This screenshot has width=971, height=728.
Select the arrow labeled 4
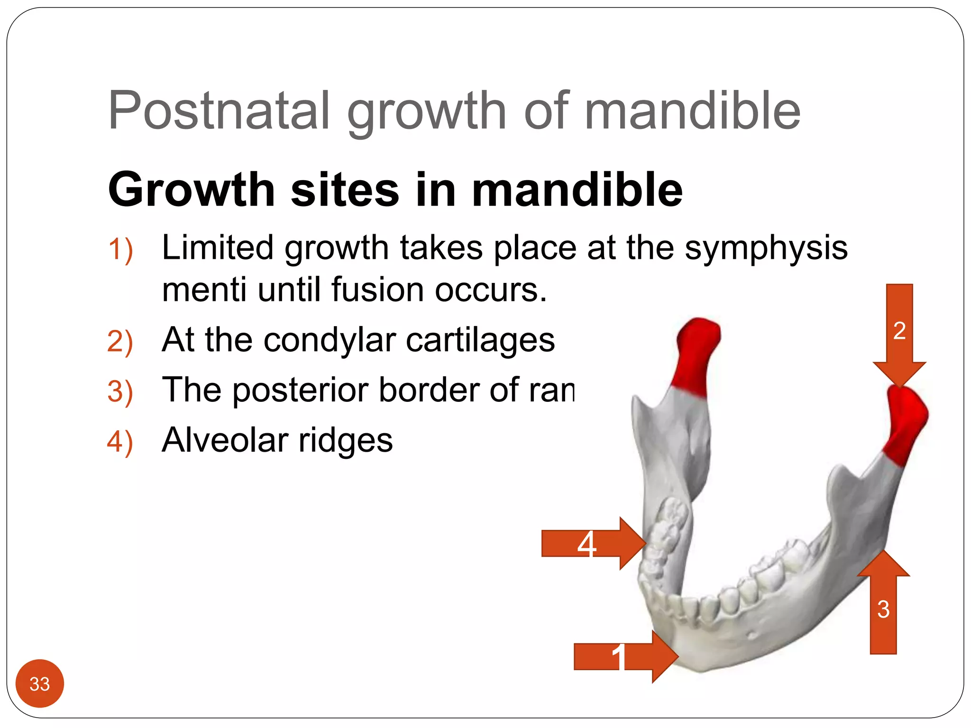pyautogui.click(x=593, y=543)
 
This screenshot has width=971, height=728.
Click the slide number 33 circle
pyautogui.click(x=40, y=683)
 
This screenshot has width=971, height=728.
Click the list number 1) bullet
pyautogui.click(x=120, y=250)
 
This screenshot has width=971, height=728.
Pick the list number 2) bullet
pyautogui.click(x=120, y=341)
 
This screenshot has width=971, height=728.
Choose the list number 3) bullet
pyautogui.click(x=120, y=391)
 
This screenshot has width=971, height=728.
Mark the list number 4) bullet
pyautogui.click(x=120, y=441)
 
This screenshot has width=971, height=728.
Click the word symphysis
pyautogui.click(x=766, y=248)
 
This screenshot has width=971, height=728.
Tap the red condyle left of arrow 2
pyautogui.click(x=696, y=355)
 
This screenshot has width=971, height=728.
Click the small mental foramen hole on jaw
pyautogui.click(x=752, y=635)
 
